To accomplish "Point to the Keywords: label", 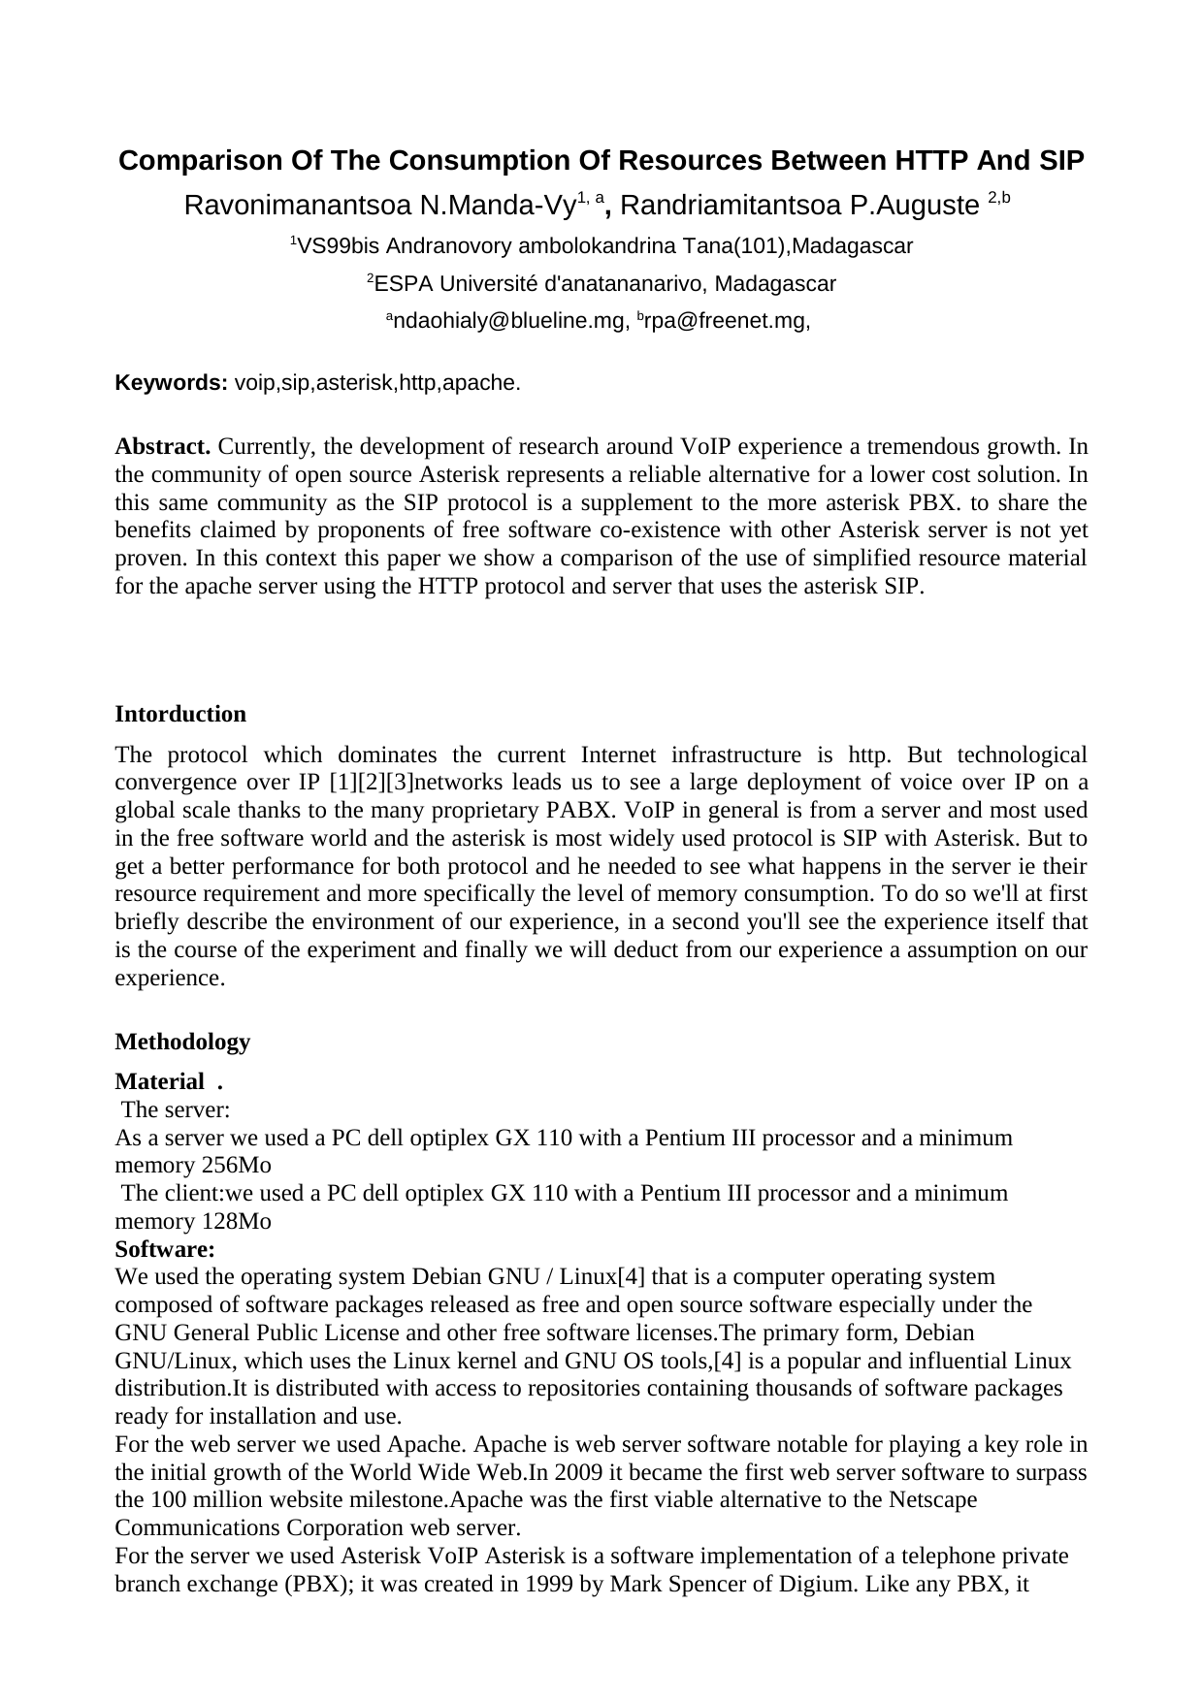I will click(x=172, y=383).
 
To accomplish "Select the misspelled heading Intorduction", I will click(x=180, y=715).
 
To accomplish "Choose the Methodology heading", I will click(x=182, y=1042).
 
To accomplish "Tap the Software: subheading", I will click(x=165, y=1249).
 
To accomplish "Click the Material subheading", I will click(x=159, y=1081).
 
